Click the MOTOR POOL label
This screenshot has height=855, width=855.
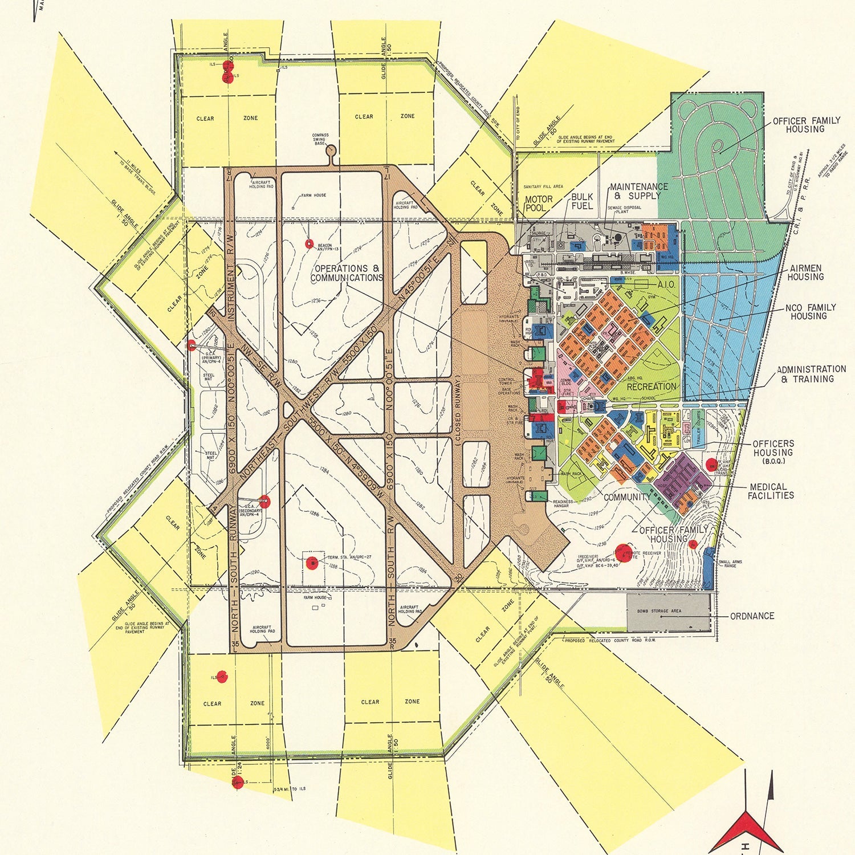pos(539,203)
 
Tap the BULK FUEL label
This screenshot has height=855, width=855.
pos(582,201)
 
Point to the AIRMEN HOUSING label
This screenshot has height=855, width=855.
pos(805,272)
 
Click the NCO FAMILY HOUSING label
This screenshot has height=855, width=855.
pos(810,312)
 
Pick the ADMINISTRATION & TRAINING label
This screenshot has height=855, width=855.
pos(811,374)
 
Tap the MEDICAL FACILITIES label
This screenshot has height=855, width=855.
pos(771,491)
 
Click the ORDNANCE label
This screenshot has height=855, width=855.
pos(752,616)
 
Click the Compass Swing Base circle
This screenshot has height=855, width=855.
pos(331,150)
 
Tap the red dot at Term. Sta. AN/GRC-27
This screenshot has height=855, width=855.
pos(312,563)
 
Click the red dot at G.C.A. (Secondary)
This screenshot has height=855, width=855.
pos(265,502)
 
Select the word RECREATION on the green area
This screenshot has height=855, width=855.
pos(651,386)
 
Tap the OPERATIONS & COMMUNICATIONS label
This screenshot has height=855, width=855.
pos(347,273)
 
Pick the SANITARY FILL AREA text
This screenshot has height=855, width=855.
pos(543,186)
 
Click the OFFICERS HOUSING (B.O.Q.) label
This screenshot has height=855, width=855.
pos(773,451)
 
